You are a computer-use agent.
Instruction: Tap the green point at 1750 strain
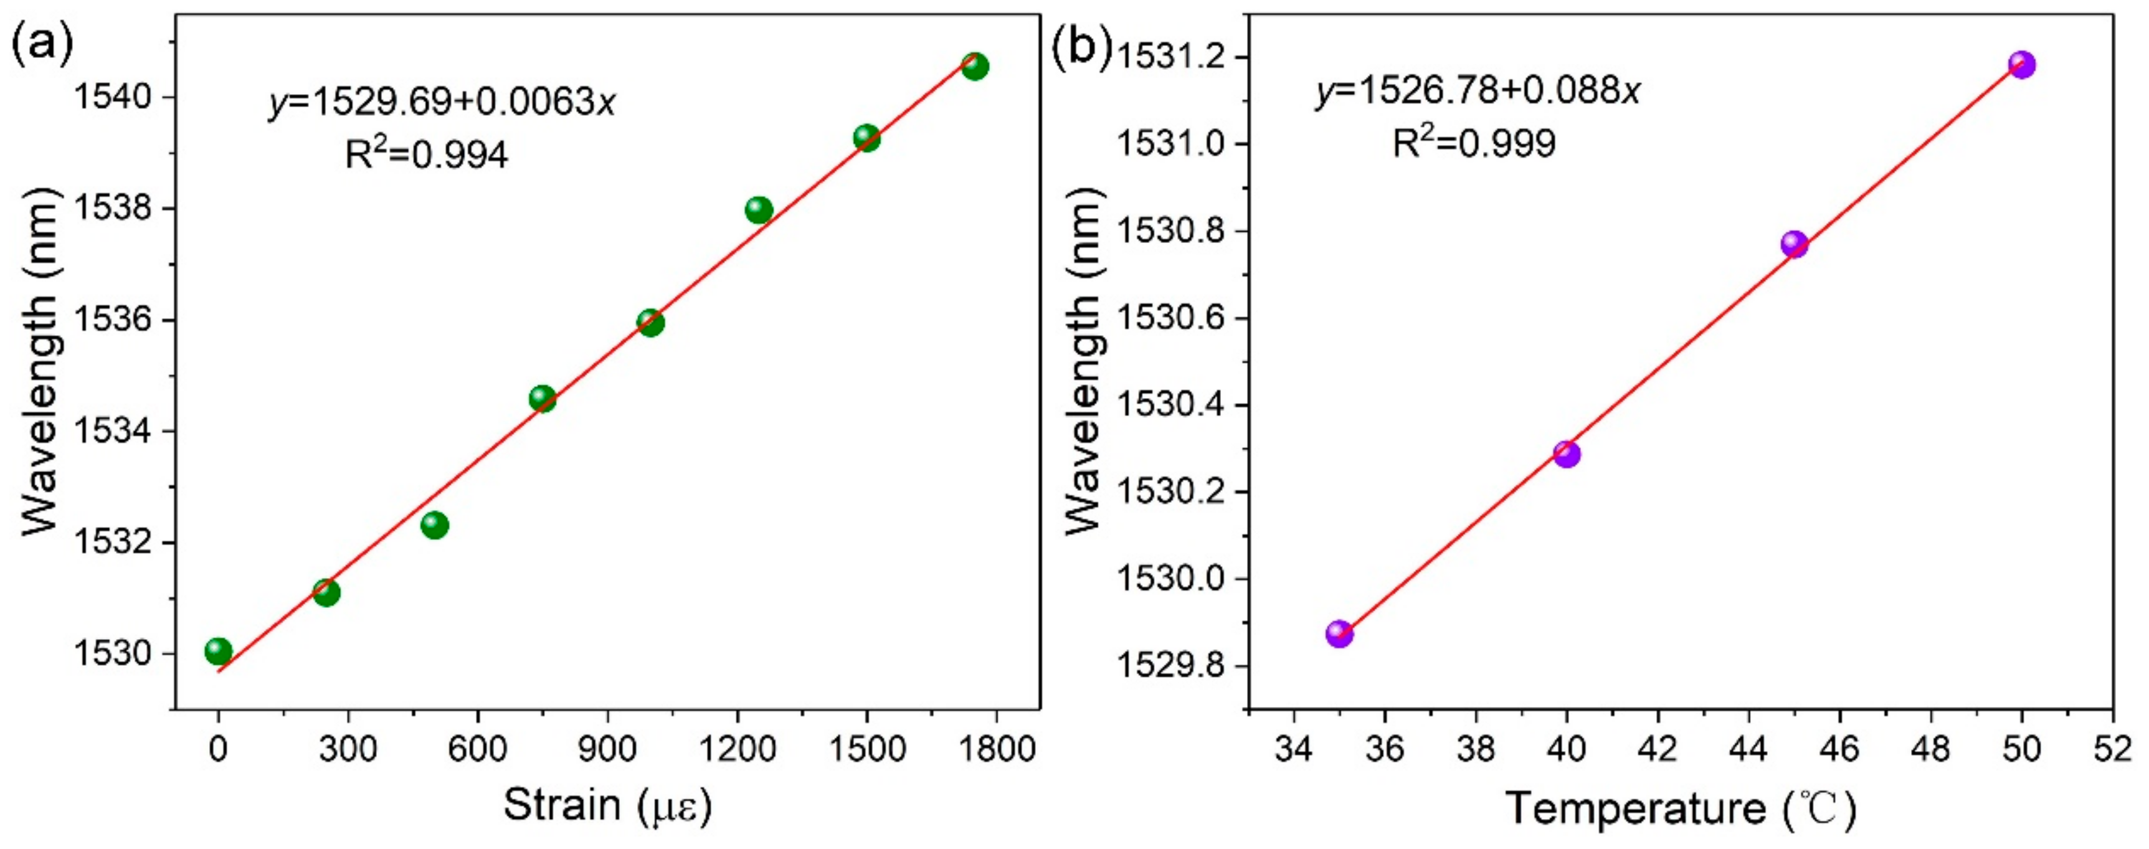(974, 66)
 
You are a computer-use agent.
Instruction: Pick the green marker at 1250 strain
(758, 210)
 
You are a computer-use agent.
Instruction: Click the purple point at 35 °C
(1339, 634)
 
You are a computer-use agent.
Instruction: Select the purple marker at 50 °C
(2021, 64)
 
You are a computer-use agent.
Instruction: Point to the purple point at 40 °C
(1567, 453)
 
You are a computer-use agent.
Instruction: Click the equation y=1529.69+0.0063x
(442, 103)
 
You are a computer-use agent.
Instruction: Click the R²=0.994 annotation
(426, 155)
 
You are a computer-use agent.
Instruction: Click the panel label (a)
(42, 47)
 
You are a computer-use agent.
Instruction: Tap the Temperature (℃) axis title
(1682, 808)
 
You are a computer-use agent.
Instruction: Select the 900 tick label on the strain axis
(607, 748)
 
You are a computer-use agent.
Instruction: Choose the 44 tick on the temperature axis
(1748, 748)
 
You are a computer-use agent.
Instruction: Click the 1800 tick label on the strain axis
(996, 748)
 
